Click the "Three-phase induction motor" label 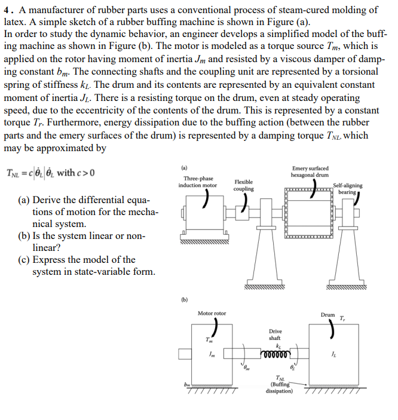(198, 182)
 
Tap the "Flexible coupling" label (243, 185)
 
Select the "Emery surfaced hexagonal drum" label (310, 171)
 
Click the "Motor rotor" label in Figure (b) (212, 313)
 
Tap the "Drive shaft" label (275, 335)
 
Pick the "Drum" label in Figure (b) (327, 315)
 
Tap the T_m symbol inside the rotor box (209, 341)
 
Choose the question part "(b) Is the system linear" (88, 236)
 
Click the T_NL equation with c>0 (50, 173)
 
